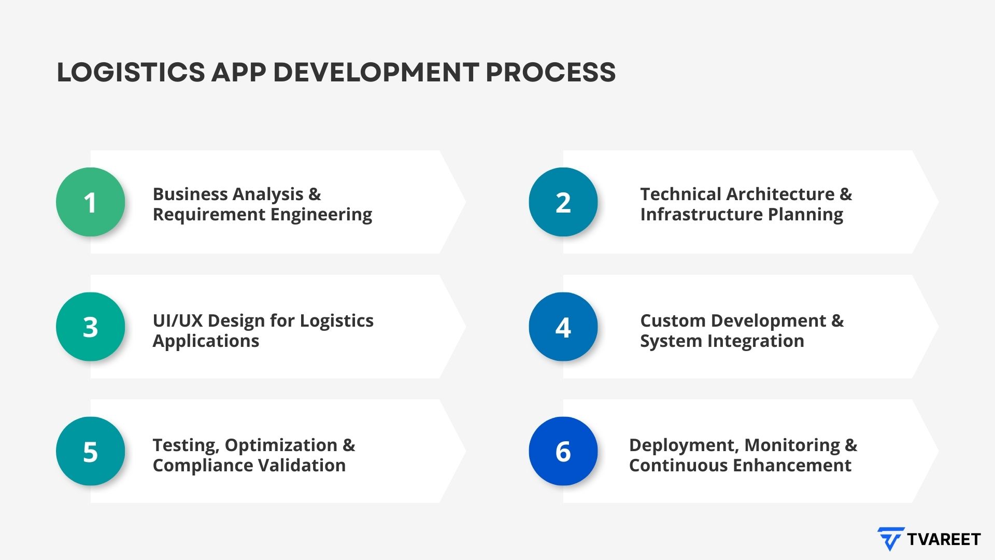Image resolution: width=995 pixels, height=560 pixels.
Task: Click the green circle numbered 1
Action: [90, 202]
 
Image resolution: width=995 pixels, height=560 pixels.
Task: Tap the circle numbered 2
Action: [563, 202]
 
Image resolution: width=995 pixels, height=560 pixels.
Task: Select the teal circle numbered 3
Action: [90, 327]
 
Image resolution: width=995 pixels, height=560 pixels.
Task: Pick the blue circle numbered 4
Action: [563, 327]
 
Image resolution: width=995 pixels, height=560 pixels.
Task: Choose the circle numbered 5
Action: [90, 451]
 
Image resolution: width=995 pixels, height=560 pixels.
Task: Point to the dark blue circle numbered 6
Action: [563, 451]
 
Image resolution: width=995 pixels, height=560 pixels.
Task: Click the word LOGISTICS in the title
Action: [131, 72]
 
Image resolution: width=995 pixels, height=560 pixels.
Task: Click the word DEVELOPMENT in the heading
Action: [376, 72]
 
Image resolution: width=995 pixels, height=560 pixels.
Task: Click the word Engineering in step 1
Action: [321, 215]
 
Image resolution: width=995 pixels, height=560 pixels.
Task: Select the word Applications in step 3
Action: [206, 341]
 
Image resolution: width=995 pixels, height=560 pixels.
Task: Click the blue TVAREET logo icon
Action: [890, 539]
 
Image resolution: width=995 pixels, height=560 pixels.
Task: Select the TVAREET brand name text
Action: [944, 539]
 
